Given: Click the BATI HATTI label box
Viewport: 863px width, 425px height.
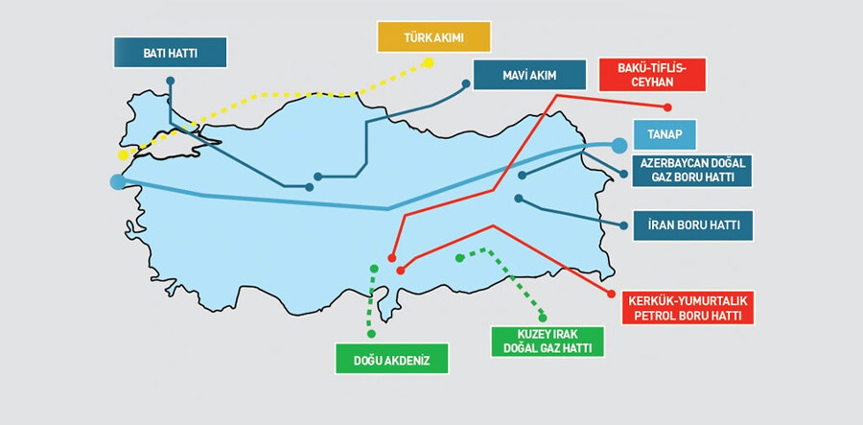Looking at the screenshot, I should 170,52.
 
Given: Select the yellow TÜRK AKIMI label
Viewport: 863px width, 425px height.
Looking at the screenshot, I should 432,37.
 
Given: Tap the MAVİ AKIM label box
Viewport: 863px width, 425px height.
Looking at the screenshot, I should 529,74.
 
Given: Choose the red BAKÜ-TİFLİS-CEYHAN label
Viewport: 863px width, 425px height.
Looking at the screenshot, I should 652,72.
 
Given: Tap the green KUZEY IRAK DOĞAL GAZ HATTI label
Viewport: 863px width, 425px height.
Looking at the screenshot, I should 548,341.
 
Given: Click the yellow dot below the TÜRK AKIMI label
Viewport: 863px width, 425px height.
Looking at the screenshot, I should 429,62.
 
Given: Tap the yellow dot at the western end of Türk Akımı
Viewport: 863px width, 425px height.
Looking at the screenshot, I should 123,155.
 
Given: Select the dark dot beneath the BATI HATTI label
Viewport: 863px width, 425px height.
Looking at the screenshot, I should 170,81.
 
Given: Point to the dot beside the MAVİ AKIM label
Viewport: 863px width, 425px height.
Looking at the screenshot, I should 466,83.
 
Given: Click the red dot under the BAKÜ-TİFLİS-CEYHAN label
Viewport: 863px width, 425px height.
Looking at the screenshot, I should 668,107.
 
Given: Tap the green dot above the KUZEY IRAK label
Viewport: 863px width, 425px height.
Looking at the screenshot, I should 543,317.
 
